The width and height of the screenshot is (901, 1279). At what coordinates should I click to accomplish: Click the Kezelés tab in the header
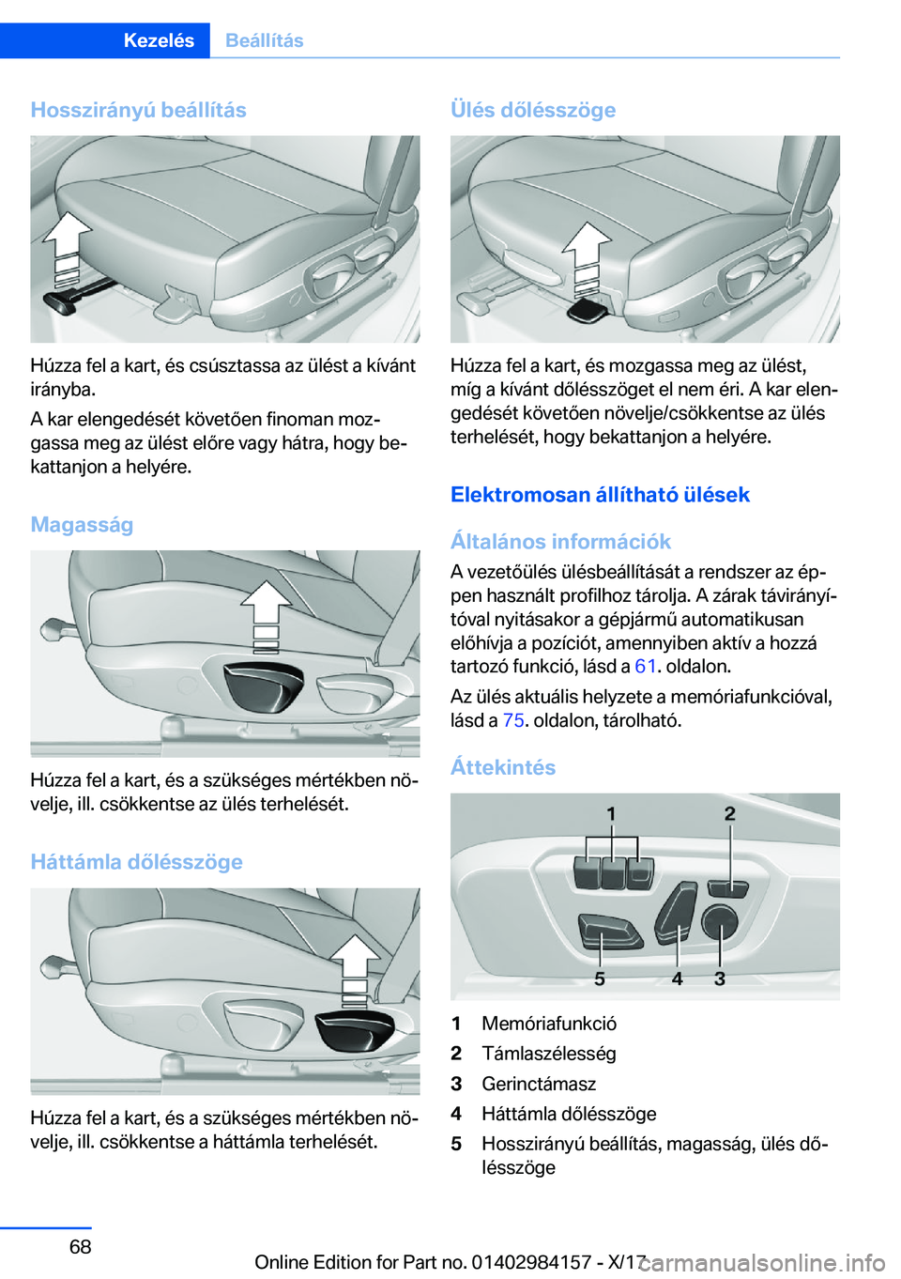click(x=159, y=40)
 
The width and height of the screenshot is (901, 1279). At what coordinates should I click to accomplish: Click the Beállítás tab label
click(x=264, y=40)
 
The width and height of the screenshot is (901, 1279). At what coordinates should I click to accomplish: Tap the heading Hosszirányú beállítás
click(x=139, y=110)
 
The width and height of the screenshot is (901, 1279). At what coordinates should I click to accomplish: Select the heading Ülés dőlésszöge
click(x=533, y=110)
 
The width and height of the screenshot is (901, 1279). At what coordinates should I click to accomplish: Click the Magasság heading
click(x=83, y=524)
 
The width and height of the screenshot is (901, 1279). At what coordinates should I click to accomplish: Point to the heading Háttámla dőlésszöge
click(x=137, y=861)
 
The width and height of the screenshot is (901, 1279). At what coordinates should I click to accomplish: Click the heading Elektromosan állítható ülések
click(x=601, y=494)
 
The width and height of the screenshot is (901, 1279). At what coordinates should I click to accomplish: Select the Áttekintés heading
click(x=503, y=767)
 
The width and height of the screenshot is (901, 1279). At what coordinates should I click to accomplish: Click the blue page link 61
click(x=645, y=667)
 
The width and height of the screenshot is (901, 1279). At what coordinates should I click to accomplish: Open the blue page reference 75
click(x=513, y=720)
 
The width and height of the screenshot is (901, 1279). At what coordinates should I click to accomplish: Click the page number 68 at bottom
click(x=81, y=1246)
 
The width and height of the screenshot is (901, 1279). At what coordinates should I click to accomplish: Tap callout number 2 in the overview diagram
click(x=730, y=813)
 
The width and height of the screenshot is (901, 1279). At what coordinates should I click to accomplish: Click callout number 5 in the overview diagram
click(x=600, y=979)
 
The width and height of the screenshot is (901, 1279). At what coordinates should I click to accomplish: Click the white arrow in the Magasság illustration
click(x=266, y=616)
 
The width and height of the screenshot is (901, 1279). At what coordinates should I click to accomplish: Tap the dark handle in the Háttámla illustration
click(x=355, y=1030)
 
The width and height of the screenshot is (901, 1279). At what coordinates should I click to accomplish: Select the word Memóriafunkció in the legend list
click(x=549, y=1024)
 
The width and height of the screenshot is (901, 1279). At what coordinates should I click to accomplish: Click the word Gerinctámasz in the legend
click(x=539, y=1083)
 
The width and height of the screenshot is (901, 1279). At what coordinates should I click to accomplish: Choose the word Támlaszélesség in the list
click(x=549, y=1053)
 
